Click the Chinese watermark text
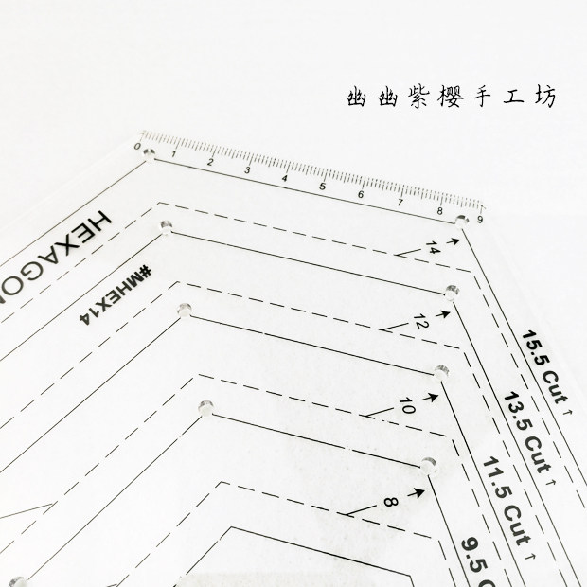point(453,97)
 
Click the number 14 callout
point(433,247)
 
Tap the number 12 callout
point(420,325)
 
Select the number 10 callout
point(407,407)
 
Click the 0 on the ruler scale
point(139,150)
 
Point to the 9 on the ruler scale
point(481,220)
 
